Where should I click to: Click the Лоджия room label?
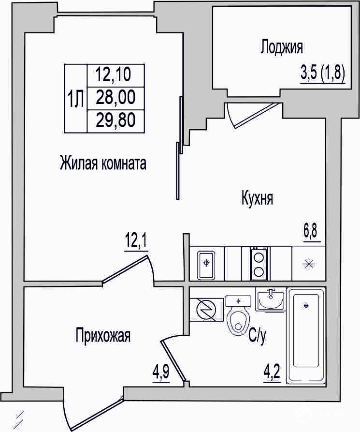pos(282,47)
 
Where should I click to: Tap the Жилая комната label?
pos(102,163)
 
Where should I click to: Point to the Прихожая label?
pos(103,335)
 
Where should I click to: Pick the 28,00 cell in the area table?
pos(115,97)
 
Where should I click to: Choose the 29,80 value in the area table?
pos(115,120)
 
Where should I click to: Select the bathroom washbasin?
pos(271,299)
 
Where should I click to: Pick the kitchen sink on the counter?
pos(206,265)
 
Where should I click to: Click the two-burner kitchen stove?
pos(259,264)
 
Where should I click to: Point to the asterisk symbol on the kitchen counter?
pos(309,264)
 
